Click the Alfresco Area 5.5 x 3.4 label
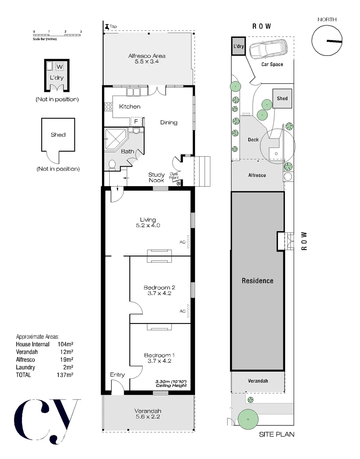[147, 59]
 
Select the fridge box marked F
[136, 121]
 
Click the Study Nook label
[156, 177]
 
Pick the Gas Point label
[174, 176]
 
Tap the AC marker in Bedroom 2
[182, 311]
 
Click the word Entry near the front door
[117, 374]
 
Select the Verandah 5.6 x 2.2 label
[148, 414]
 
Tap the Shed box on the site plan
[282, 99]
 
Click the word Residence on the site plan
[258, 280]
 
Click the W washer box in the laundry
[60, 67]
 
